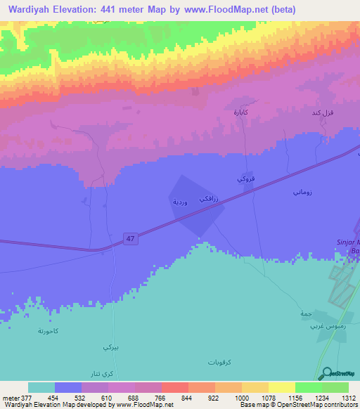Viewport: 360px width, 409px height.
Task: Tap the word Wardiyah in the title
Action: pyautogui.click(x=33, y=10)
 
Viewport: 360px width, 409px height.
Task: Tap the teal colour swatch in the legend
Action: pyautogui.click(x=41, y=387)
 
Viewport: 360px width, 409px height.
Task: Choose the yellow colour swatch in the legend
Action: pyautogui.click(x=282, y=387)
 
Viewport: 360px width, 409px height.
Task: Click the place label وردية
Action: pyautogui.click(x=180, y=202)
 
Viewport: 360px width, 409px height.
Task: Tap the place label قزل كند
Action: pyautogui.click(x=321, y=112)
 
